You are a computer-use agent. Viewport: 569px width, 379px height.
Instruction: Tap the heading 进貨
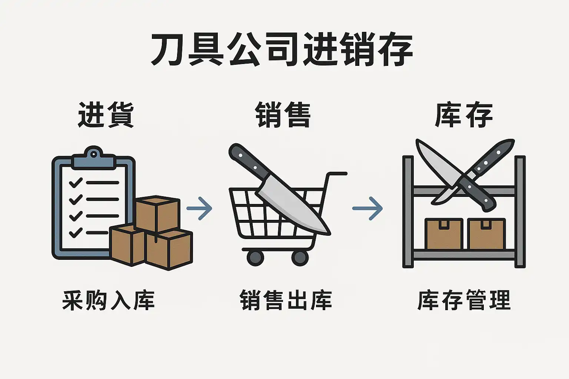[x=106, y=115]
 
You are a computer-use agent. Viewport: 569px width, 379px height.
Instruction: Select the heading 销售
[x=283, y=115]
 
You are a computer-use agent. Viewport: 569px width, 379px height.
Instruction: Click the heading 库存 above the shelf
[x=463, y=115]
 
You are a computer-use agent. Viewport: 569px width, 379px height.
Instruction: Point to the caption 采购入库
[x=108, y=300]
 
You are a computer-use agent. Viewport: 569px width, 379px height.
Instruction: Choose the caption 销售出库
[x=286, y=300]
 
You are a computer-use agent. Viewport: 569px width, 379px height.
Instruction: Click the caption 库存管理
[x=464, y=300]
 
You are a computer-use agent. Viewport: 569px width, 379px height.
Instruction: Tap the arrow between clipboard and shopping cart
[x=200, y=208]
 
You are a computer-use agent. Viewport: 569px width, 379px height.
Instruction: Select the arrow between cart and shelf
[x=367, y=208]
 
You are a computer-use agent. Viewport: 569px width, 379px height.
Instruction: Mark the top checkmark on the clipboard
[x=76, y=182]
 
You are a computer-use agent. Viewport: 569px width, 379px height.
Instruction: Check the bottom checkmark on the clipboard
[x=76, y=232]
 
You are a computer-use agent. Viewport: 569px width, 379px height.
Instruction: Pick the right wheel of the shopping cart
[x=300, y=257]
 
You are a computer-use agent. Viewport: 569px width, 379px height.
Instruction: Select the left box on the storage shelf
[x=444, y=234]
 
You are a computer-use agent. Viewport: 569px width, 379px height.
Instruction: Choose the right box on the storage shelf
[x=486, y=234]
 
